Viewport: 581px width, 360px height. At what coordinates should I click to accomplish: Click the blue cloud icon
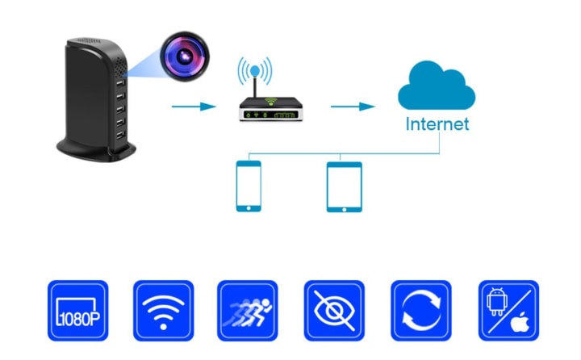tap(436, 88)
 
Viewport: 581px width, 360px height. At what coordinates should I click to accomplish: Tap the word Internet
tap(437, 124)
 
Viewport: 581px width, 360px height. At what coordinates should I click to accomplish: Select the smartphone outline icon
tap(249, 186)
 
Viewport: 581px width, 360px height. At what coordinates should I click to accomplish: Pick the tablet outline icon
tap(345, 186)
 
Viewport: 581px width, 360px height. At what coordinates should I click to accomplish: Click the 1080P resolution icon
tap(77, 311)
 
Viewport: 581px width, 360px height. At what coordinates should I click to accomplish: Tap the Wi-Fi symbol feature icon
tap(163, 311)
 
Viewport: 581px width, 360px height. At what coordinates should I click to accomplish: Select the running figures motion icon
tap(248, 311)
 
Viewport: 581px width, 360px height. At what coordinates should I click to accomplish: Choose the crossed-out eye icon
tap(333, 311)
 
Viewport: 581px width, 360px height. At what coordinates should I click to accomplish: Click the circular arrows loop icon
tap(419, 311)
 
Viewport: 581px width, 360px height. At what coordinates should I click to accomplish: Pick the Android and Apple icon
tap(508, 311)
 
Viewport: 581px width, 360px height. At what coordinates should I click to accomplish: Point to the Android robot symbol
tap(498, 302)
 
